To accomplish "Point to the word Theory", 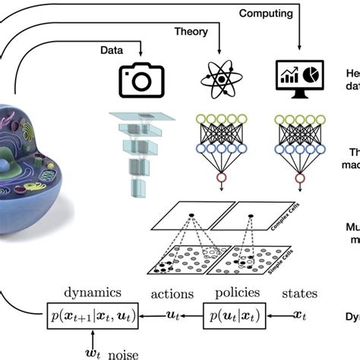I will (191, 32).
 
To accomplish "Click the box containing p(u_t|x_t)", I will (229, 312).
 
